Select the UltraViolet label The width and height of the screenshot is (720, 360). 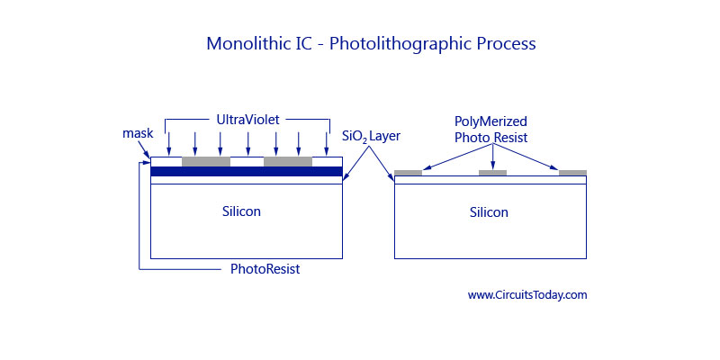(x=248, y=120)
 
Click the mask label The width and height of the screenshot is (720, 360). (x=138, y=133)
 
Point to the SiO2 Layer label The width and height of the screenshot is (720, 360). (x=372, y=137)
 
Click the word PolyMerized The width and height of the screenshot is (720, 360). (x=490, y=122)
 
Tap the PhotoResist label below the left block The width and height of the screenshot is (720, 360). (x=265, y=268)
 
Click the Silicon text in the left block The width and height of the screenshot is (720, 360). (x=241, y=211)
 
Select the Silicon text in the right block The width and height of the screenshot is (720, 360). (x=489, y=212)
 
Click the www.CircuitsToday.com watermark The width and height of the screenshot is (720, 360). (x=527, y=295)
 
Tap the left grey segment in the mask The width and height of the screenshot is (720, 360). (x=206, y=162)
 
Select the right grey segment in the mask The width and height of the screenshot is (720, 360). (x=288, y=162)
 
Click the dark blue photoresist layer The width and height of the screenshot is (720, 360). (x=247, y=171)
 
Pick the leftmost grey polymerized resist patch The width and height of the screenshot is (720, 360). (x=409, y=173)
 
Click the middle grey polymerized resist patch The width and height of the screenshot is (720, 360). (x=492, y=173)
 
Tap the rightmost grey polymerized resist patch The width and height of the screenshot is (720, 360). (x=572, y=173)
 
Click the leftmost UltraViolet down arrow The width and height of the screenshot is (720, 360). (x=169, y=144)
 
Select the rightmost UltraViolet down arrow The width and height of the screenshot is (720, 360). (x=327, y=144)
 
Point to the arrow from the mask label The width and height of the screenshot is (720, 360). (x=145, y=149)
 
